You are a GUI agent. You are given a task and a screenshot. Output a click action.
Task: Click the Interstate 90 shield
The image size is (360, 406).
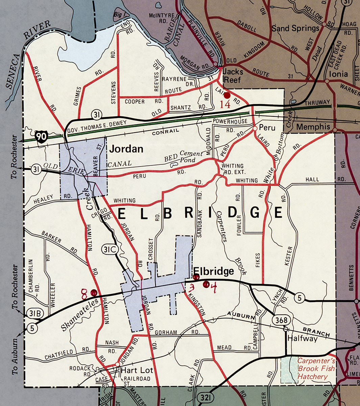(40, 137)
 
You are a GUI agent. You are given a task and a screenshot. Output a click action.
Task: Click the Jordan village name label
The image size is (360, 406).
(126, 149)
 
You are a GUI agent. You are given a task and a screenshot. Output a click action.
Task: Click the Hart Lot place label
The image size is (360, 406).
(137, 370)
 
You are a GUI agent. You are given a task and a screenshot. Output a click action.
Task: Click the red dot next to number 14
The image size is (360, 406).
(227, 96)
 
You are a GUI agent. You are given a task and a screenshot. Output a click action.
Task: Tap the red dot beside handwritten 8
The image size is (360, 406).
(94, 293)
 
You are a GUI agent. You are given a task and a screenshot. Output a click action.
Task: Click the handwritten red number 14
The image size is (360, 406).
(225, 104)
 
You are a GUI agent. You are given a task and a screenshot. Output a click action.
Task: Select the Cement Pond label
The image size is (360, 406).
(188, 157)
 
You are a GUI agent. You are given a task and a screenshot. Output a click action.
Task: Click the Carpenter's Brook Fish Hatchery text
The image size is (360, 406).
(316, 369)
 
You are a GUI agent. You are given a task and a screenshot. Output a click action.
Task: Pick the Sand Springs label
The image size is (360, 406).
(295, 28)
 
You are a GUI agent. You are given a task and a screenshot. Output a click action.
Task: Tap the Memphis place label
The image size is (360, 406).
(313, 127)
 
